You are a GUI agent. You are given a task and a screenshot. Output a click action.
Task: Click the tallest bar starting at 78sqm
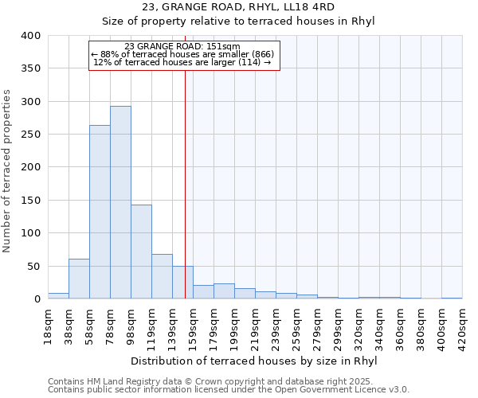(120, 202)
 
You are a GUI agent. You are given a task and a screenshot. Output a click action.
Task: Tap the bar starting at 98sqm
(141, 252)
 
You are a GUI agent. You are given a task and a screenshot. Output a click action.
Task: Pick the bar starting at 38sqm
(79, 279)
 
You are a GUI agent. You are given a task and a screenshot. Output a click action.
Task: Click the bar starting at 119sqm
(162, 276)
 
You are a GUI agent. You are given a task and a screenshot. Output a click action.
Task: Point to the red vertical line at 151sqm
(185, 159)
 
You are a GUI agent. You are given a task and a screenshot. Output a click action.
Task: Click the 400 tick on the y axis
(29, 36)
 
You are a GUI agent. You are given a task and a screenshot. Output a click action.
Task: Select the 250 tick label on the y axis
(29, 135)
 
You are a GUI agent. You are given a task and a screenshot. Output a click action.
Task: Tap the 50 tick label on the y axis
(33, 266)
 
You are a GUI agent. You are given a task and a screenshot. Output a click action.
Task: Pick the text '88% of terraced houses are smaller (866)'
(187, 54)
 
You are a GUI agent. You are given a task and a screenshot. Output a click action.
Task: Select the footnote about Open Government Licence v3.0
(228, 390)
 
